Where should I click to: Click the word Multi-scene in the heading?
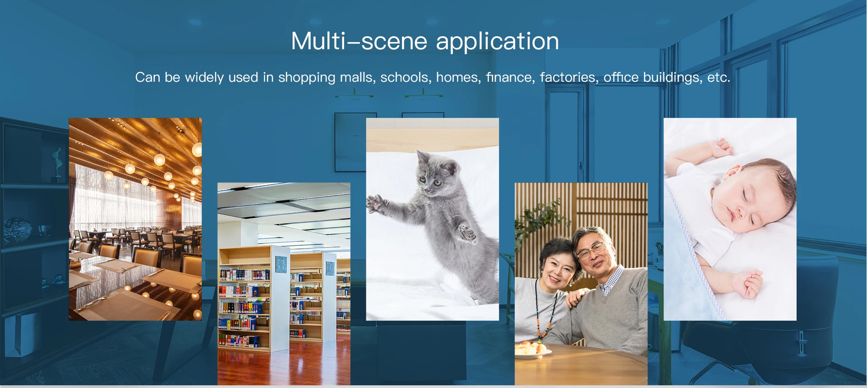(359, 41)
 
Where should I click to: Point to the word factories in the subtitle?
(568, 77)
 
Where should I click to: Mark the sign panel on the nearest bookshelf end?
(281, 264)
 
